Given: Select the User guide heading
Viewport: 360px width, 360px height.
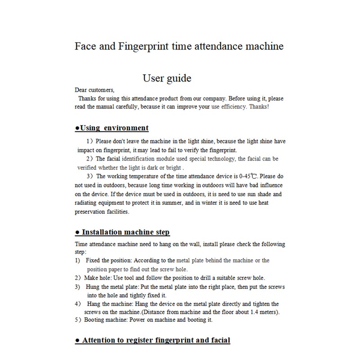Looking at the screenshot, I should (167, 78).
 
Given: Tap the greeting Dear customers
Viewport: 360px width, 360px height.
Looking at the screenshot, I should (95, 90).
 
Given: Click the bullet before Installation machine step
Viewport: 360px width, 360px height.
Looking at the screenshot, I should (77, 233).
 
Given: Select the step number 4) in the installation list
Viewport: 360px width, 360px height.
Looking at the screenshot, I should (77, 304).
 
